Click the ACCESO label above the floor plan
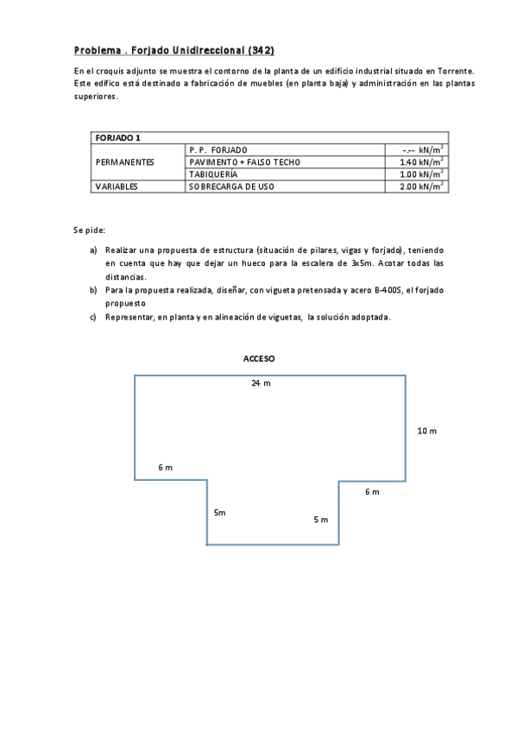pos(259,357)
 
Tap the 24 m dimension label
pos(261,383)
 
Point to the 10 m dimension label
pos(426,430)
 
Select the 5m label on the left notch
pos(220,513)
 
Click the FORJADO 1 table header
pos(117,137)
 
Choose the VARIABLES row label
pos(117,186)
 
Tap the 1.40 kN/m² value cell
pos(421,161)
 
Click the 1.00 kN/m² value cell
pos(421,174)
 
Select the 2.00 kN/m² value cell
pos(421,186)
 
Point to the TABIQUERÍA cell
pos(213,174)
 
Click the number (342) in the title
pos(260,50)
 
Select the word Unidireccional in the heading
pos(206,50)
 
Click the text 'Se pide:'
pos(89,230)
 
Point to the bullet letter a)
pos(93,249)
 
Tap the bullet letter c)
pos(93,317)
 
